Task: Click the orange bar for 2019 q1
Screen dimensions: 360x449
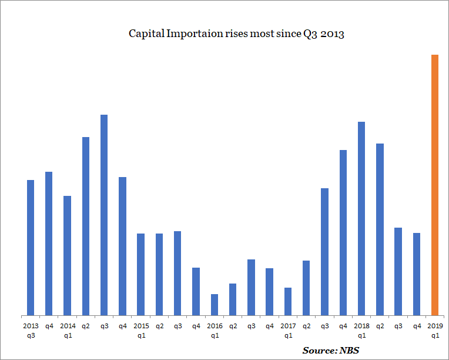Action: point(435,185)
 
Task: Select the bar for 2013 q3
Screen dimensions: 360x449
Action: point(31,247)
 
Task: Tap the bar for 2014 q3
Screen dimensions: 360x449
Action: point(104,215)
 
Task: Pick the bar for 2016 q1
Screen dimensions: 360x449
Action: point(215,304)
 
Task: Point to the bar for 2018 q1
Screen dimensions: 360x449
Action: point(361,218)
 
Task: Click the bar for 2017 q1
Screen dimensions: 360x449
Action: point(288,301)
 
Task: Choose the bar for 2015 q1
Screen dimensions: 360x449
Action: point(140,274)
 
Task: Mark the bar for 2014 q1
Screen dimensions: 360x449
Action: point(67,255)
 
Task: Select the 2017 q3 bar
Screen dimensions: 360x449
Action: point(324,251)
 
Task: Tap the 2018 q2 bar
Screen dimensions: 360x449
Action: point(380,229)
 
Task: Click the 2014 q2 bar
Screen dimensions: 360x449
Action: point(86,226)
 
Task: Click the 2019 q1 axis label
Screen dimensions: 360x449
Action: point(435,330)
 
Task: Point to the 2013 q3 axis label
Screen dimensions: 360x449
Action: point(31,330)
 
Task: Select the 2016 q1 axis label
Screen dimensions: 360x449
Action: point(215,330)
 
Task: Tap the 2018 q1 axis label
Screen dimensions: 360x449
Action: point(361,330)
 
